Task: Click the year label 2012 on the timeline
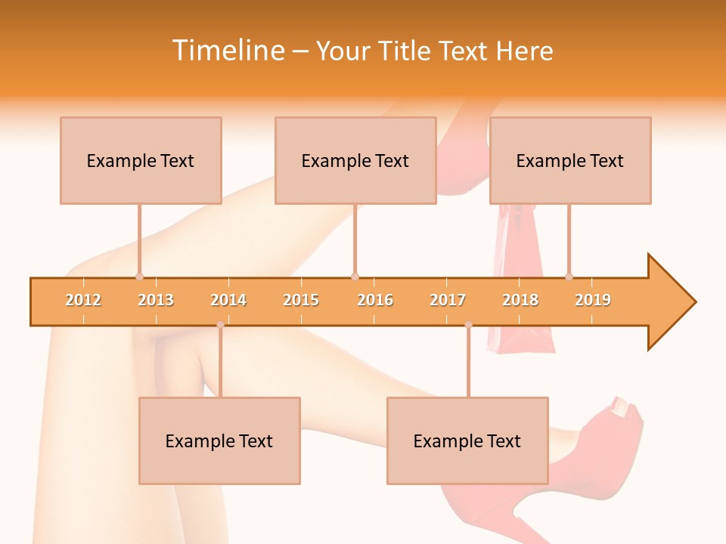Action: point(83,300)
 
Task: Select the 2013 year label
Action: point(156,300)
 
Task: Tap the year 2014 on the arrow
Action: point(228,300)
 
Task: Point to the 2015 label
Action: point(301,300)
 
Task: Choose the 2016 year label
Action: point(375,300)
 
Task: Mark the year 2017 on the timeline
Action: point(448,300)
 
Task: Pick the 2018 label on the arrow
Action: point(520,300)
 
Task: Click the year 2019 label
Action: point(593,300)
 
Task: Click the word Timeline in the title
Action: point(227,51)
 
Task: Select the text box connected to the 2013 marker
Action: point(141,160)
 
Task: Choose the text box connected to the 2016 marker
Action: point(355,160)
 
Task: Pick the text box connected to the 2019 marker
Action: point(570,160)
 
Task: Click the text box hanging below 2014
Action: point(219,440)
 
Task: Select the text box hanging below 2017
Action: point(467,440)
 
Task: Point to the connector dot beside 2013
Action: point(139,277)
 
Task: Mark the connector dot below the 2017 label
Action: point(468,325)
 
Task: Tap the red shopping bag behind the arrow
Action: point(522,340)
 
